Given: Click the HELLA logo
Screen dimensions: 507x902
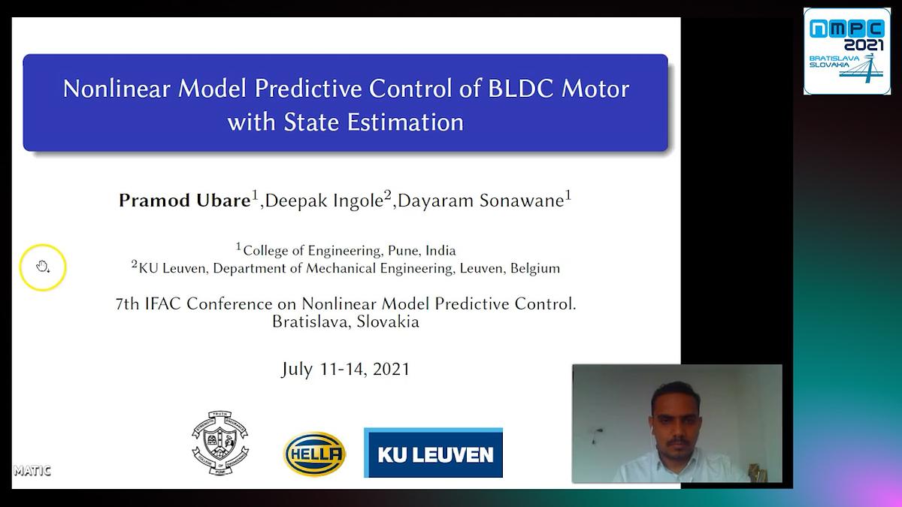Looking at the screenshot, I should [314, 454].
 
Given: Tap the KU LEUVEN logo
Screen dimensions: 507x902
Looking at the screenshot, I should [433, 453].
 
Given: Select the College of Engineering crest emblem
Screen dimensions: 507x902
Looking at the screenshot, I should [219, 443].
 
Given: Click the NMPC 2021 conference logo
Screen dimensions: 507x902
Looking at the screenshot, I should [846, 51].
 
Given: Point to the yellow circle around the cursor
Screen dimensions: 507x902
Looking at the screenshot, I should [43, 267].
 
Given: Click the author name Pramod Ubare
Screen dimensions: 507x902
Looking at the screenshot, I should [185, 200].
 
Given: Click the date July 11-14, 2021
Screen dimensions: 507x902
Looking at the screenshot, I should [345, 369].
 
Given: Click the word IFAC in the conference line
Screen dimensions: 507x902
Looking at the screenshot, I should [163, 304].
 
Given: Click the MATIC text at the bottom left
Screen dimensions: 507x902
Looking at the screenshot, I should [32, 471].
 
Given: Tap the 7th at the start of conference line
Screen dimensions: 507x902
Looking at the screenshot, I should [127, 304].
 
